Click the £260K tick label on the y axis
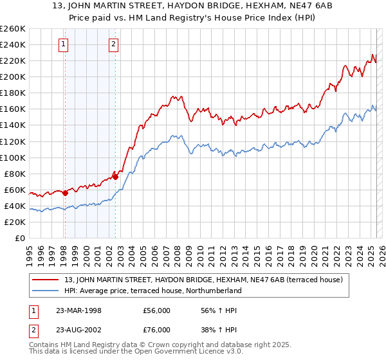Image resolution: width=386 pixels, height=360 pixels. point(12,28)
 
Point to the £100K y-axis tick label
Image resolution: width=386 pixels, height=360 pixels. point(12,157)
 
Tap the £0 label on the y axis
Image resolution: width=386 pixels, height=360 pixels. point(19,239)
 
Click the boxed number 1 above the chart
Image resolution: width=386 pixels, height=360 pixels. point(64,44)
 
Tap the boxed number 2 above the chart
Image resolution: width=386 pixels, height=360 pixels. point(113,44)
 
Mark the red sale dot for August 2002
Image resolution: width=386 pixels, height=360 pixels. point(116,175)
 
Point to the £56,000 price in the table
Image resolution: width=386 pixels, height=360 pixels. point(157,310)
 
